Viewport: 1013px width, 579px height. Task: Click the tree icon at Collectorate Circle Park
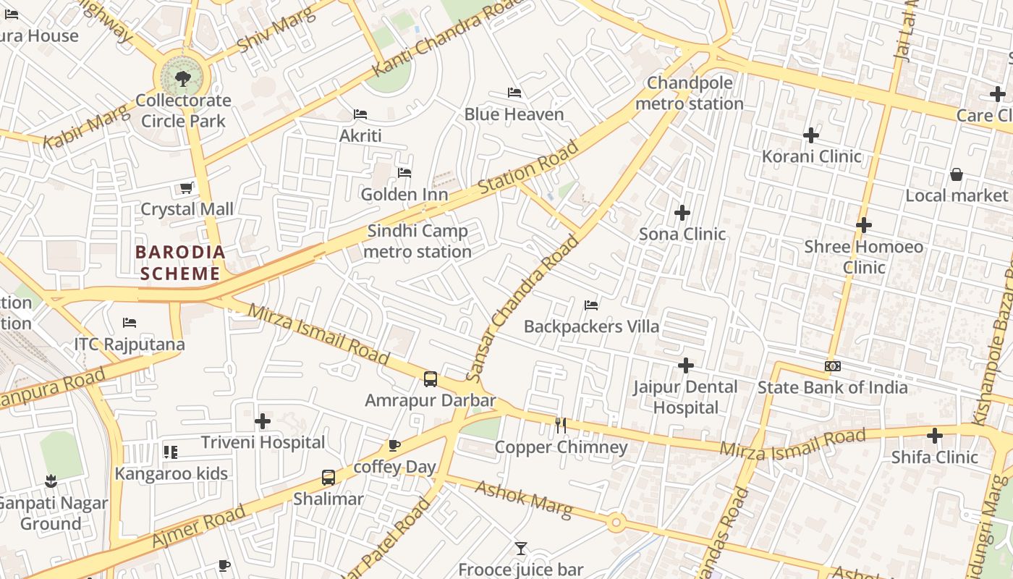(x=183, y=78)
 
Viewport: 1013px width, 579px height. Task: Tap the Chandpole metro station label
(x=689, y=93)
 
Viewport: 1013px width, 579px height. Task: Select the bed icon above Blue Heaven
(x=514, y=93)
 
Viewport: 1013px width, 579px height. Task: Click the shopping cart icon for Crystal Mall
(x=186, y=188)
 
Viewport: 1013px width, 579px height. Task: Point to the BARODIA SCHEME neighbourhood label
(x=180, y=263)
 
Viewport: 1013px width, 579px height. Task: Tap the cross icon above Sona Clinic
(x=682, y=213)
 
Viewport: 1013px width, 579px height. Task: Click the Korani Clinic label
(x=811, y=156)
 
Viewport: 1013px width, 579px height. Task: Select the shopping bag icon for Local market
(x=957, y=174)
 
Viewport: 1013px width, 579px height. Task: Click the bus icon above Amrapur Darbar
(x=431, y=379)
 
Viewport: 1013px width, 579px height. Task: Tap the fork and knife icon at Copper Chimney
(x=561, y=426)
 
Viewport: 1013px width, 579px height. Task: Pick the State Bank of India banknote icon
(x=832, y=366)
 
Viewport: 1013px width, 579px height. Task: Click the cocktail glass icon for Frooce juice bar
(x=520, y=549)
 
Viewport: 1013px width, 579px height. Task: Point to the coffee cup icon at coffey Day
(x=394, y=445)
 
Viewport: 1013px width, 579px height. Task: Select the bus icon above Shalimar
(x=329, y=478)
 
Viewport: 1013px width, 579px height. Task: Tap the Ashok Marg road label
(x=523, y=500)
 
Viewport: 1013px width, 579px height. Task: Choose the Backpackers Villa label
(x=591, y=326)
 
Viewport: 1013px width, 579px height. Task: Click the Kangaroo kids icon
(x=171, y=452)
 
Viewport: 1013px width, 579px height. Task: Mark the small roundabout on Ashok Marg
(x=616, y=522)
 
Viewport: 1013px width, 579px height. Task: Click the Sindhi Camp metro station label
(x=418, y=241)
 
